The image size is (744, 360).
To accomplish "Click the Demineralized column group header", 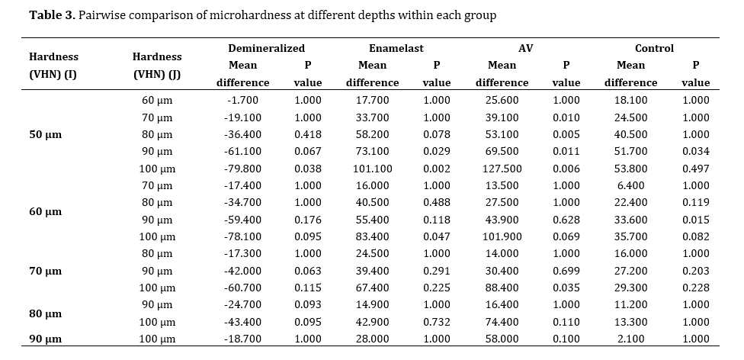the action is [266, 48].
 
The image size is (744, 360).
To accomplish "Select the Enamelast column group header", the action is [396, 48].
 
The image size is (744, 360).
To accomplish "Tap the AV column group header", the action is [525, 48].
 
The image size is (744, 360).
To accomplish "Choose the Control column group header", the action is [654, 48].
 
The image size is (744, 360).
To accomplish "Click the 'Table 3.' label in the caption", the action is [52, 15].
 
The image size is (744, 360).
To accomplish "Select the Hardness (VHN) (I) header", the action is [53, 66].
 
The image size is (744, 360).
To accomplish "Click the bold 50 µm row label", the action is [46, 134].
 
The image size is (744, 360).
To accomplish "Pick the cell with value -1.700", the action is [242, 100].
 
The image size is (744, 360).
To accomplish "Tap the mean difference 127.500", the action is [502, 169].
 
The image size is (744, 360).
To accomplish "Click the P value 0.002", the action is [437, 169].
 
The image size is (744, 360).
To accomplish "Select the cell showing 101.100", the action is [373, 169].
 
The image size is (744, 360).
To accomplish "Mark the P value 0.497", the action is [696, 169].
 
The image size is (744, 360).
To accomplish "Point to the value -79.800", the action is [242, 169].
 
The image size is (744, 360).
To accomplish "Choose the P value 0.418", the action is [307, 134].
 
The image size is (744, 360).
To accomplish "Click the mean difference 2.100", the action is [630, 339].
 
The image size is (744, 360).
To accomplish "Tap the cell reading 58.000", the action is [502, 339].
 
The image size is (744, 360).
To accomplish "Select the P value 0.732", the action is [437, 322].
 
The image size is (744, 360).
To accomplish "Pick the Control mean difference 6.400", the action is [630, 185].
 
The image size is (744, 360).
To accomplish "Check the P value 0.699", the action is [566, 271].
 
